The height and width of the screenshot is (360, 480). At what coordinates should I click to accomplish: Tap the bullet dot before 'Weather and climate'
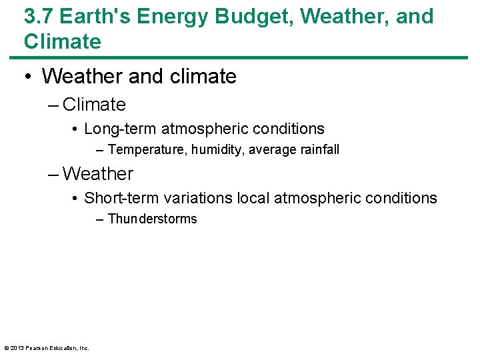point(29,77)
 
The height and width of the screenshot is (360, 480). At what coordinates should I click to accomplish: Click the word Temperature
point(147,150)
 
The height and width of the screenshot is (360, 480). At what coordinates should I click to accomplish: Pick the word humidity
point(218,150)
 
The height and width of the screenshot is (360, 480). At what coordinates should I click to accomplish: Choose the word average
point(271,150)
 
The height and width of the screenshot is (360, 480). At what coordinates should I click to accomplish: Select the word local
point(251,198)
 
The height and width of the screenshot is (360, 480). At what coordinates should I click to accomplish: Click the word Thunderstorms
point(152,219)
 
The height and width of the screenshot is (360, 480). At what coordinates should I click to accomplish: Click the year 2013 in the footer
point(17,348)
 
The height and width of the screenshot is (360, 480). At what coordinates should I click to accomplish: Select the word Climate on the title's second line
point(63,41)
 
